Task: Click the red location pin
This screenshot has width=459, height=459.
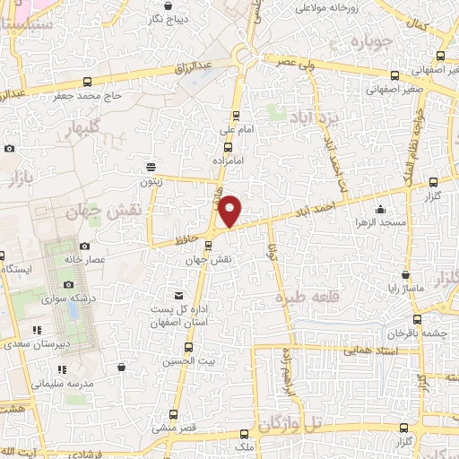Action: tap(230, 210)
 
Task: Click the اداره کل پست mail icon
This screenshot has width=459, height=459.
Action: tap(179, 295)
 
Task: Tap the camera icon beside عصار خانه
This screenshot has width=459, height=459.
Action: tap(84, 245)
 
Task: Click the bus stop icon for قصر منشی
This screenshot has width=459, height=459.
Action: tap(174, 413)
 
